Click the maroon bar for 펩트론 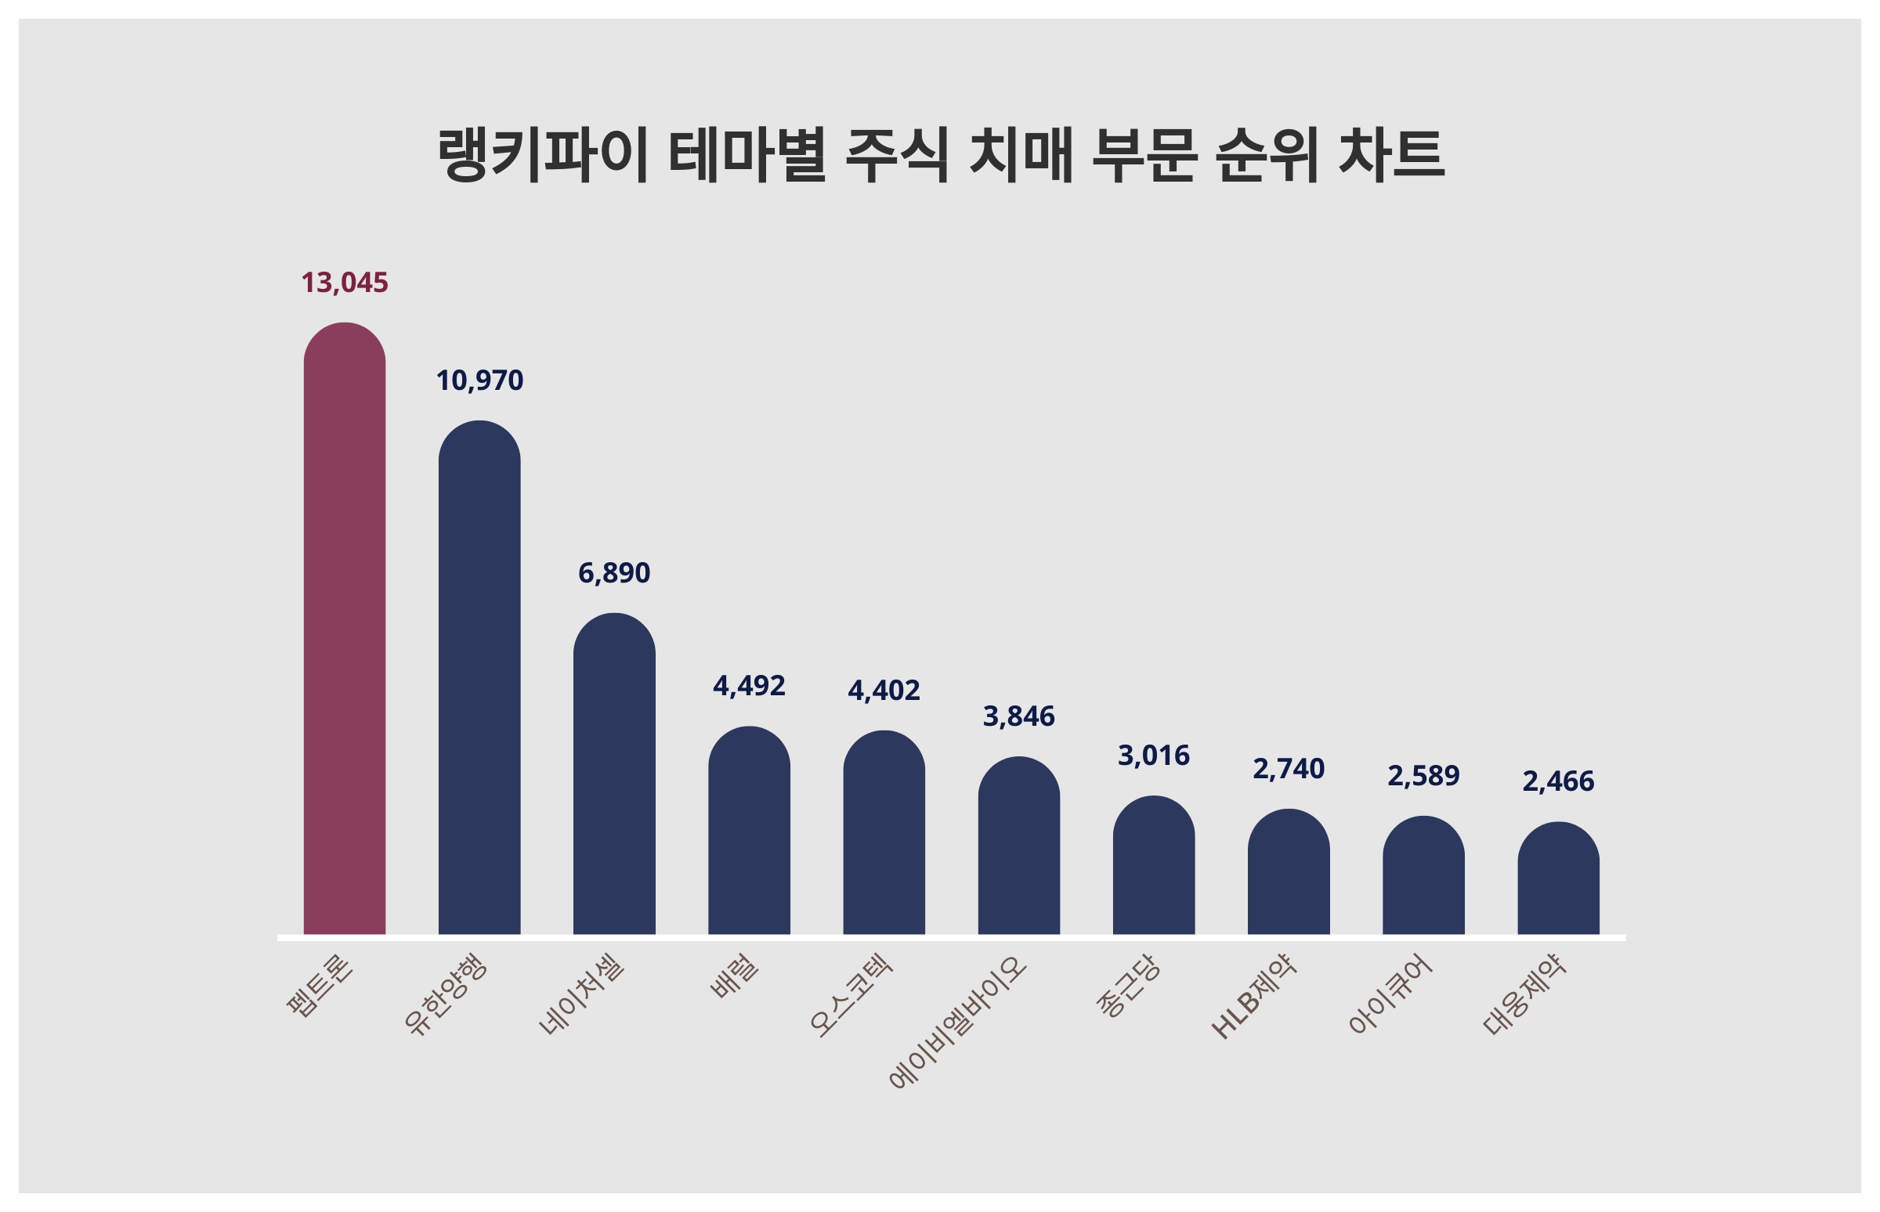point(344,629)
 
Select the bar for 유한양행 point(479,678)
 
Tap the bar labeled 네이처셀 point(614,774)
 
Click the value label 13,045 point(344,283)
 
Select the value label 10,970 point(479,381)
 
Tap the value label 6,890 point(614,573)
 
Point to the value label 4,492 point(749,687)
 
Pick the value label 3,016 point(1153,756)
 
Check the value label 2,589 point(1423,776)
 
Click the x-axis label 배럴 point(734,976)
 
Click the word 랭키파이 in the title point(542,155)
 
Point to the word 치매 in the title point(1021,155)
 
